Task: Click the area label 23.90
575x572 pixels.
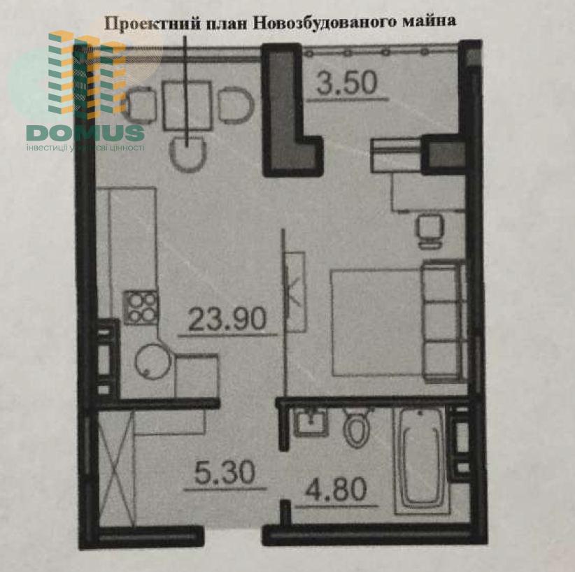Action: point(227,318)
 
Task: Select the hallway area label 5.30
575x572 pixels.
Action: point(225,472)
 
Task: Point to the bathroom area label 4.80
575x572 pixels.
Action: point(336,489)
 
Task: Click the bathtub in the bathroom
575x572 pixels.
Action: point(420,462)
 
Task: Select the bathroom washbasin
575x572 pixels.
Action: point(311,422)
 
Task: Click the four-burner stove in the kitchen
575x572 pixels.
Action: point(141,307)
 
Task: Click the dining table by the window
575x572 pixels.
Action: point(187,106)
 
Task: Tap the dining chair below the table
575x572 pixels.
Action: point(187,154)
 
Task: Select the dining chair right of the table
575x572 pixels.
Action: point(236,106)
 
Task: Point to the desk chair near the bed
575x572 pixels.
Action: point(429,231)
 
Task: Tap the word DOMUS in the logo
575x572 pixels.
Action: point(85,133)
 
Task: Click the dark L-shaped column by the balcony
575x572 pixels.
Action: point(290,110)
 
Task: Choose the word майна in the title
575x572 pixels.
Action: point(429,21)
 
